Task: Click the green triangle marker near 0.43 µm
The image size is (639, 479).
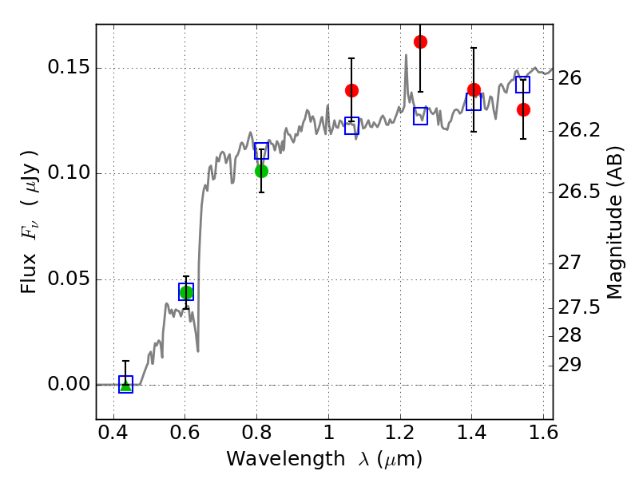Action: [x=126, y=386]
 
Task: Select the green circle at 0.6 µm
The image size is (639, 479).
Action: [x=186, y=292]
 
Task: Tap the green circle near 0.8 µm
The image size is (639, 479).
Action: [x=262, y=172]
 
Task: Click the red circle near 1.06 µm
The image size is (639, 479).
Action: [x=351, y=90]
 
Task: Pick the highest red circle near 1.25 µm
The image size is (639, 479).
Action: [x=421, y=42]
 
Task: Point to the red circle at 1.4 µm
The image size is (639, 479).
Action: [x=474, y=89]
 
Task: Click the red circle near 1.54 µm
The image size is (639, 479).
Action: [x=523, y=109]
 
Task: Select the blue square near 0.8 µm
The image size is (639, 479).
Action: [x=262, y=151]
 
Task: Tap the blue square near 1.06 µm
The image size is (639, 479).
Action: [x=351, y=125]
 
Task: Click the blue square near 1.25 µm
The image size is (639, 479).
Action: [x=421, y=117]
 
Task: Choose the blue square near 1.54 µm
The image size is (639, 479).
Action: [x=522, y=85]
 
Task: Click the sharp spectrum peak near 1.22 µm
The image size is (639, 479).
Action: [x=406, y=55]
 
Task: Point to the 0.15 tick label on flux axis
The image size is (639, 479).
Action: [x=69, y=67]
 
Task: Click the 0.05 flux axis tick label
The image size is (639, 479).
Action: [x=69, y=279]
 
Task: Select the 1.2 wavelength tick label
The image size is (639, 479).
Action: [x=400, y=433]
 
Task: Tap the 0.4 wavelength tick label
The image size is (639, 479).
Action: [x=113, y=433]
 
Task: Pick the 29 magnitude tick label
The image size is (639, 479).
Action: [x=570, y=365]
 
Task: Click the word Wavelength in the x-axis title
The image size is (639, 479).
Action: [x=286, y=459]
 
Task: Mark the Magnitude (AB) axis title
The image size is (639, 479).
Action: [x=614, y=223]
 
